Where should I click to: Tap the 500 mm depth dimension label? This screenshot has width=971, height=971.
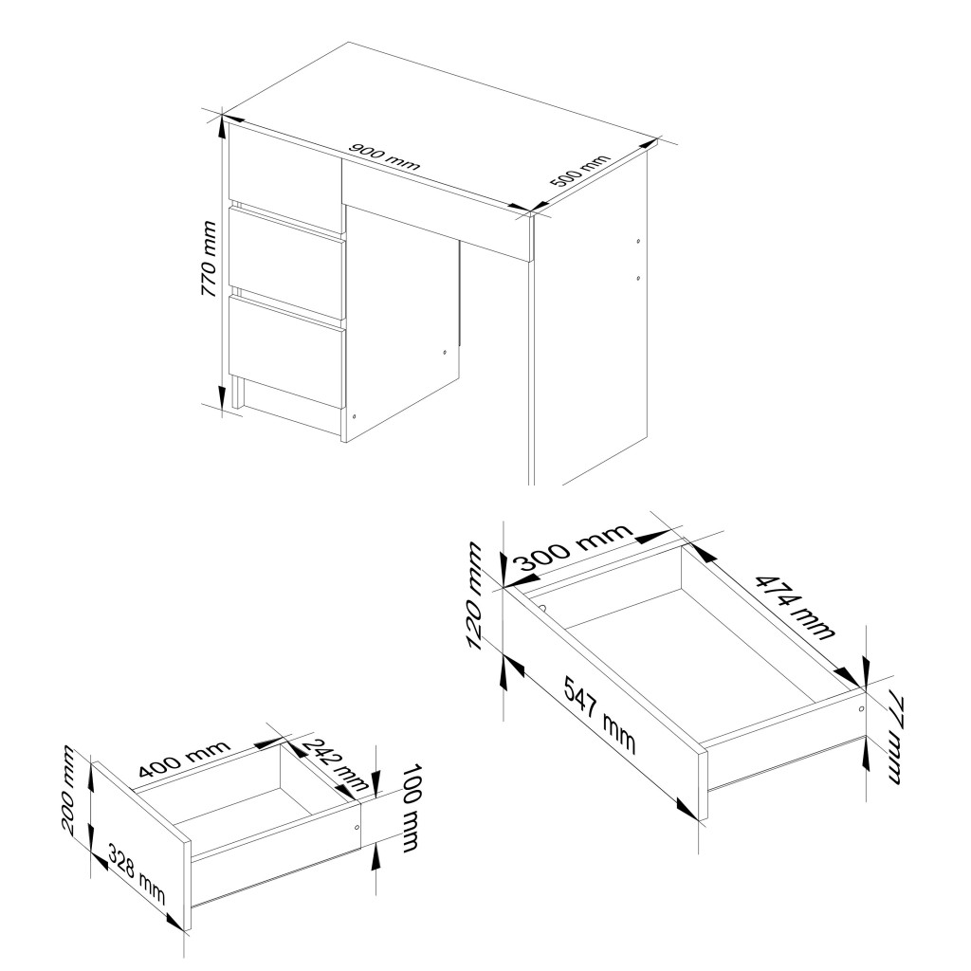580,171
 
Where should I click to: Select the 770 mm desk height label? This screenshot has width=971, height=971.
209,259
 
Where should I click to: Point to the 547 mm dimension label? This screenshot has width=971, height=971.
599,715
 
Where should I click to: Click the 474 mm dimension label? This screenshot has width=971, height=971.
796,606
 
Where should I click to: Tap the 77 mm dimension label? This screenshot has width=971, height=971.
897,740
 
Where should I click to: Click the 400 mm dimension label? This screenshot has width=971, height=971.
184,759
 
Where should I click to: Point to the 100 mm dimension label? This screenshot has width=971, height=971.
409,808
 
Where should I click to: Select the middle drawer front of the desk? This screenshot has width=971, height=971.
286,264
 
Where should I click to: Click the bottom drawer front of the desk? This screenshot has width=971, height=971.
286,351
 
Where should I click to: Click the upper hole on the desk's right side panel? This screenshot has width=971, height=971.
638,241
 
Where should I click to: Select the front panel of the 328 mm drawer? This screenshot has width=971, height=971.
141,845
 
